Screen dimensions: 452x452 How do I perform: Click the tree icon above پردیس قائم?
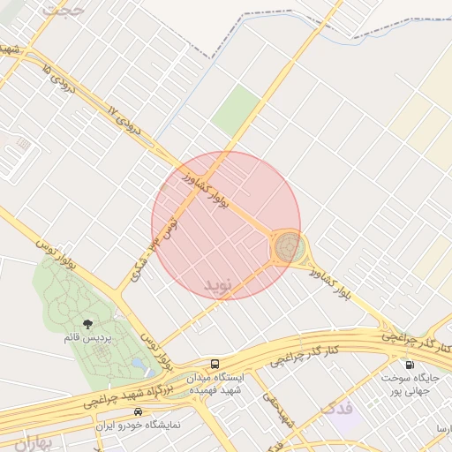point(87,324)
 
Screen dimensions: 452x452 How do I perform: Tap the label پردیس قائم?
point(86,337)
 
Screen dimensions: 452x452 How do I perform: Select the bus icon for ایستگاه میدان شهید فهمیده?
point(215,364)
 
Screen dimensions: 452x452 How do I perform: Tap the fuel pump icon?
point(409,365)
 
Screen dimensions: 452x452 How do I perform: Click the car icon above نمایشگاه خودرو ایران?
point(137,412)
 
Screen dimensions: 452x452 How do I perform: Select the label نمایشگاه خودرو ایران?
point(137,425)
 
